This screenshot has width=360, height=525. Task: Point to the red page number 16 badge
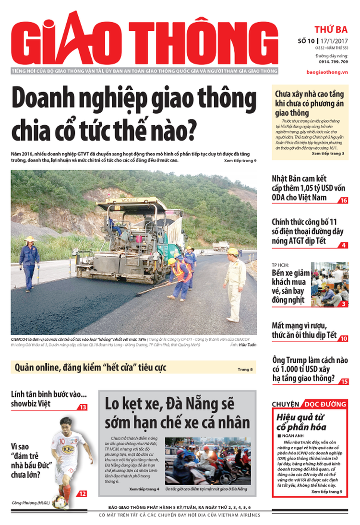click(343, 200)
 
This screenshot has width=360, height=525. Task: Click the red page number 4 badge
click(344, 245)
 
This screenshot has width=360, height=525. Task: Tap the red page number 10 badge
click(344, 338)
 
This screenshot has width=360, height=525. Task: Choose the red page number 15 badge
click(344, 382)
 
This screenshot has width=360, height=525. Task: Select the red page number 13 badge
click(83, 407)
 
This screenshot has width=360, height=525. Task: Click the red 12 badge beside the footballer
click(83, 493)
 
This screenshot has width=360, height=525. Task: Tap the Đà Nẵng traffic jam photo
click(208, 460)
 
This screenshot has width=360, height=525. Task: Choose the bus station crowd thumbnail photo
click(329, 284)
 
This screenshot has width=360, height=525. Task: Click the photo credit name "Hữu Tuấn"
click(248, 345)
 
